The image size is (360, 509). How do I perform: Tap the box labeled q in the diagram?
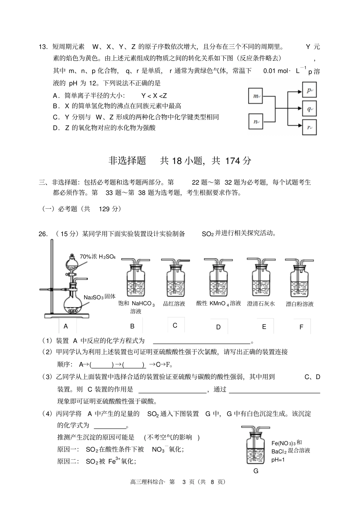point(309,109)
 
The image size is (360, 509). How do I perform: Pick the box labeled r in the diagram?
point(309,128)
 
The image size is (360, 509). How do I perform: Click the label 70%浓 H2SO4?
point(97,257)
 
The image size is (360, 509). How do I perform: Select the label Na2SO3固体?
point(99,297)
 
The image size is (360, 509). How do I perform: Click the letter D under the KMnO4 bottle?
point(218,327)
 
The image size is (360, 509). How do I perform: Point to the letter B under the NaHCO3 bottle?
point(132,326)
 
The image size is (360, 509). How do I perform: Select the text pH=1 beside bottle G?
point(278,460)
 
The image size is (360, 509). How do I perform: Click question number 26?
point(43,234)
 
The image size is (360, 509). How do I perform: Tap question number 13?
point(43,47)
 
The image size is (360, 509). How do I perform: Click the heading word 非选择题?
point(127,161)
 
